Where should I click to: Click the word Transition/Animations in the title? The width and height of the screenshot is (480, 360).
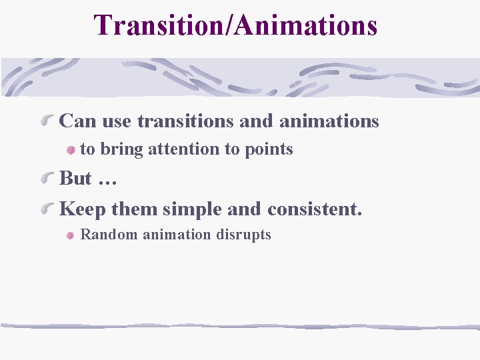(x=235, y=25)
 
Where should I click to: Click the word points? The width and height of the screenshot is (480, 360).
(x=269, y=150)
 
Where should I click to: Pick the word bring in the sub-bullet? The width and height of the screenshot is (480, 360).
(x=121, y=150)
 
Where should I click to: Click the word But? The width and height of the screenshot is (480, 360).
(x=75, y=179)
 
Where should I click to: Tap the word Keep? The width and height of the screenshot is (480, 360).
(x=82, y=209)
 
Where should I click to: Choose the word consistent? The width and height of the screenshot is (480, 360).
(x=314, y=209)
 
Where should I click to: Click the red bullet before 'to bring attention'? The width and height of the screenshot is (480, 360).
(x=71, y=151)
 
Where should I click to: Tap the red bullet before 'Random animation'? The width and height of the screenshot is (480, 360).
(x=71, y=235)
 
